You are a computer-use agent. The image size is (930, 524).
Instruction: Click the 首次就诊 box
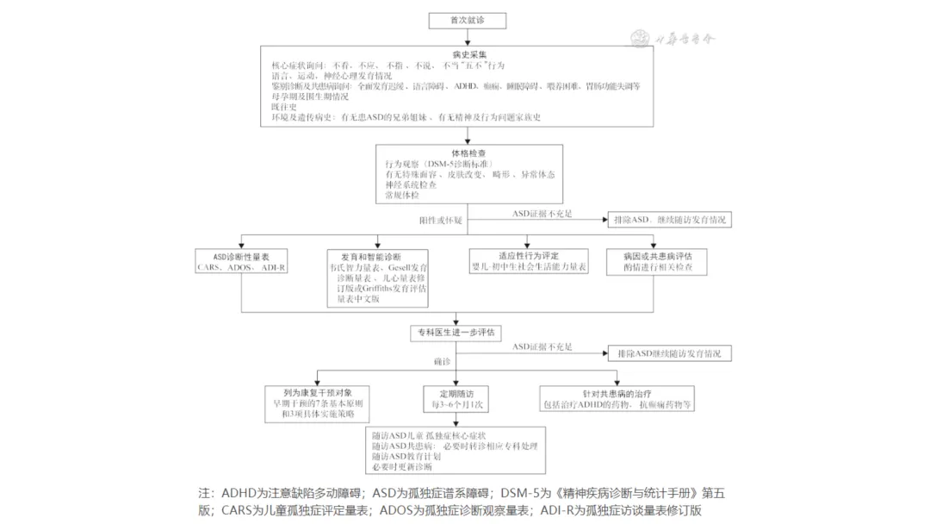(x=467, y=20)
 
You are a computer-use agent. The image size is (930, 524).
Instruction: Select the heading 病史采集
(x=467, y=53)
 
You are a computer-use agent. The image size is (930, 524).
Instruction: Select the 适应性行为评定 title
(x=529, y=256)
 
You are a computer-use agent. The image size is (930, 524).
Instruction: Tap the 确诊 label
(x=442, y=360)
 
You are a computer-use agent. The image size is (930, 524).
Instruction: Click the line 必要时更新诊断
(x=401, y=466)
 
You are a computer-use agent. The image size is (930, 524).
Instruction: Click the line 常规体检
(x=401, y=196)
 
